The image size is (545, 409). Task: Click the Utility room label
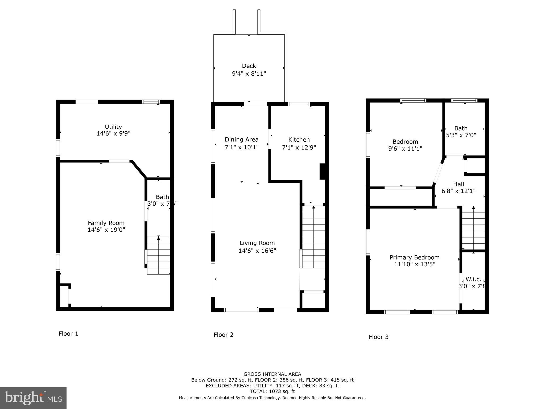pyautogui.click(x=113, y=127)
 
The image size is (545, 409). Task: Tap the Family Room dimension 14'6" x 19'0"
pyautogui.click(x=106, y=230)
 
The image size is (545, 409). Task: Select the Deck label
pyautogui.click(x=249, y=66)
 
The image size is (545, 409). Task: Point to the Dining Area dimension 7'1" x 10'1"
pyautogui.click(x=242, y=147)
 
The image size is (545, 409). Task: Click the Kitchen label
pyautogui.click(x=299, y=140)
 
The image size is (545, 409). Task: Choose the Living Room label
pyautogui.click(x=257, y=243)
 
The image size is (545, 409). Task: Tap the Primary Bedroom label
pyautogui.click(x=414, y=257)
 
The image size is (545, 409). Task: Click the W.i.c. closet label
pyautogui.click(x=473, y=279)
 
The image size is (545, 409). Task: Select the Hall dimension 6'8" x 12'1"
pyautogui.click(x=459, y=191)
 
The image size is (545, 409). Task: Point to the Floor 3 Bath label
pyautogui.click(x=461, y=128)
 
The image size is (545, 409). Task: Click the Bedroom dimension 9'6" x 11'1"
pyautogui.click(x=405, y=149)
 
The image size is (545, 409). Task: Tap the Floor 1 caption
pyautogui.click(x=68, y=334)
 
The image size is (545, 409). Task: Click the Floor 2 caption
pyautogui.click(x=223, y=335)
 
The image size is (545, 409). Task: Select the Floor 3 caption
pyautogui.click(x=378, y=337)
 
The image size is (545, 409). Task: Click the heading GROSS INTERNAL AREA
pyautogui.click(x=272, y=374)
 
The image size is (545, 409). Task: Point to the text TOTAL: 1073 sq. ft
pyautogui.click(x=272, y=391)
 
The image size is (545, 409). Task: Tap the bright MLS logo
pyautogui.click(x=33, y=398)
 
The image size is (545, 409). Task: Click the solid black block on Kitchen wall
pyautogui.click(x=322, y=171)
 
